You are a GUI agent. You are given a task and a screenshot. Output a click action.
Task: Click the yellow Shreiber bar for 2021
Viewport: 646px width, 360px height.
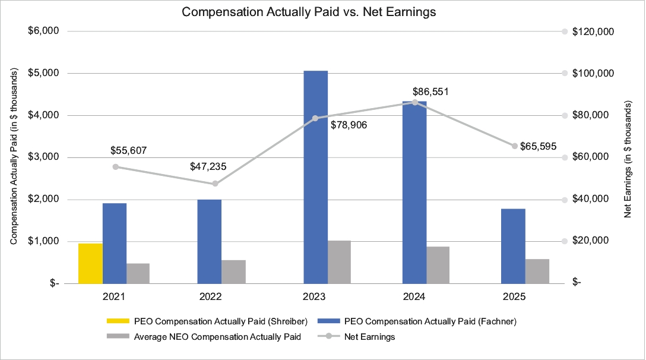point(90,263)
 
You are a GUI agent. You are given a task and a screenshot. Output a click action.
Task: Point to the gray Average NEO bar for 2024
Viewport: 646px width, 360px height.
point(438,265)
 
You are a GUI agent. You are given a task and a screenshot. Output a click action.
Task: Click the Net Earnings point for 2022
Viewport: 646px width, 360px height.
point(215,184)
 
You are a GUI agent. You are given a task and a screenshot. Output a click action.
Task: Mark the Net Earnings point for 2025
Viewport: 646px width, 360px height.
point(515,146)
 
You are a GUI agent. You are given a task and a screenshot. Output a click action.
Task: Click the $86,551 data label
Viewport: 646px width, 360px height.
point(430,92)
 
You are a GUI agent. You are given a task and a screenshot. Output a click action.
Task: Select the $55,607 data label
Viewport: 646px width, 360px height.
point(128,151)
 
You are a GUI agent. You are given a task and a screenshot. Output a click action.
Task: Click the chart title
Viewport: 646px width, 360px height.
point(309,12)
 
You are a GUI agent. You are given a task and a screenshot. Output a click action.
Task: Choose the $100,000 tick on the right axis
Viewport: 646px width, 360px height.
point(594,73)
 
